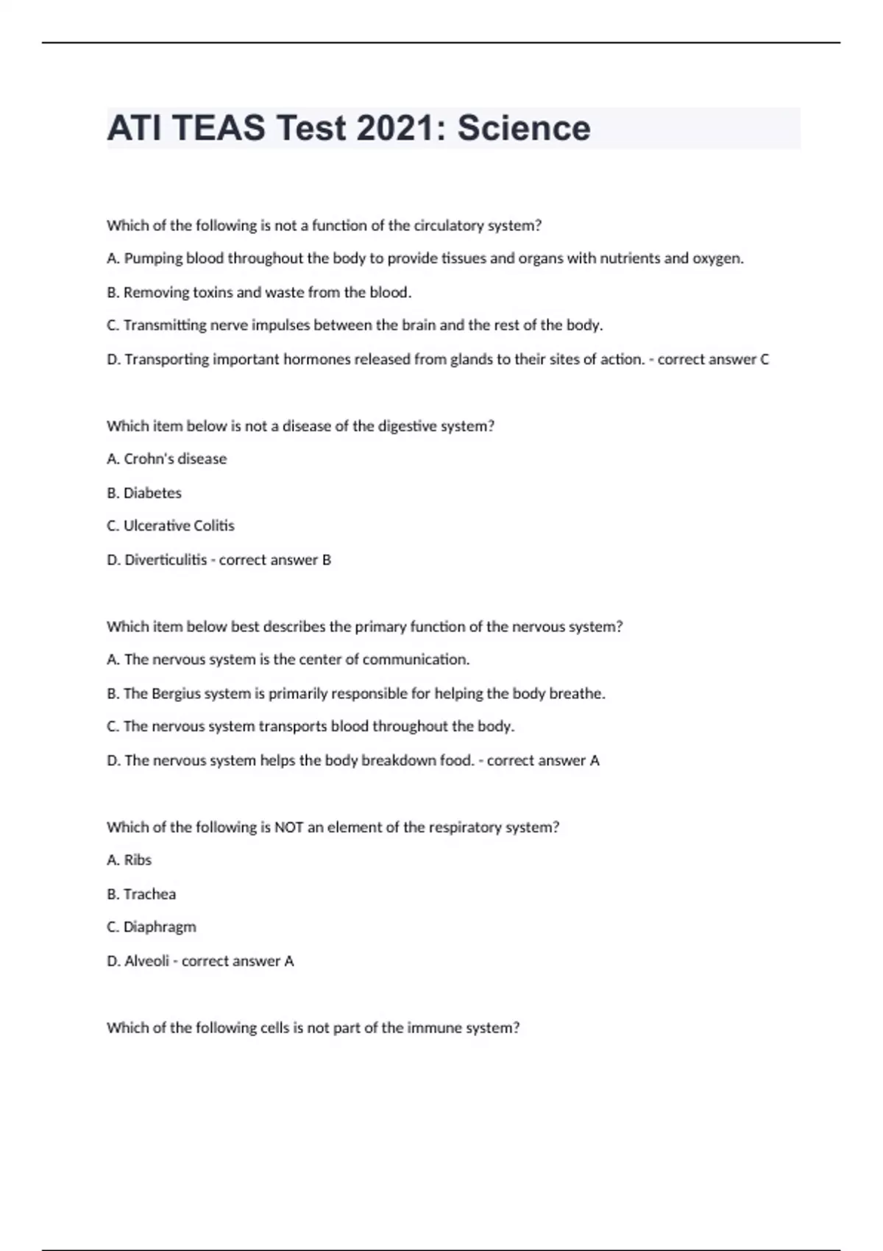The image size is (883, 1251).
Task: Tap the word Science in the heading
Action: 524,128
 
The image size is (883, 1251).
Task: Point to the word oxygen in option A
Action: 717,259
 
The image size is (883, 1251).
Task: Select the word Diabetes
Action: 152,493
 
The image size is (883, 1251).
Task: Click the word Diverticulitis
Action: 166,560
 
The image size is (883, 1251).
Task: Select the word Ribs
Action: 138,860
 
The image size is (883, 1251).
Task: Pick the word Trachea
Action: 149,894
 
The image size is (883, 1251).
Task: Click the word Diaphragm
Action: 160,927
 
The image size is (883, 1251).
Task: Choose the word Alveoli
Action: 146,961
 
